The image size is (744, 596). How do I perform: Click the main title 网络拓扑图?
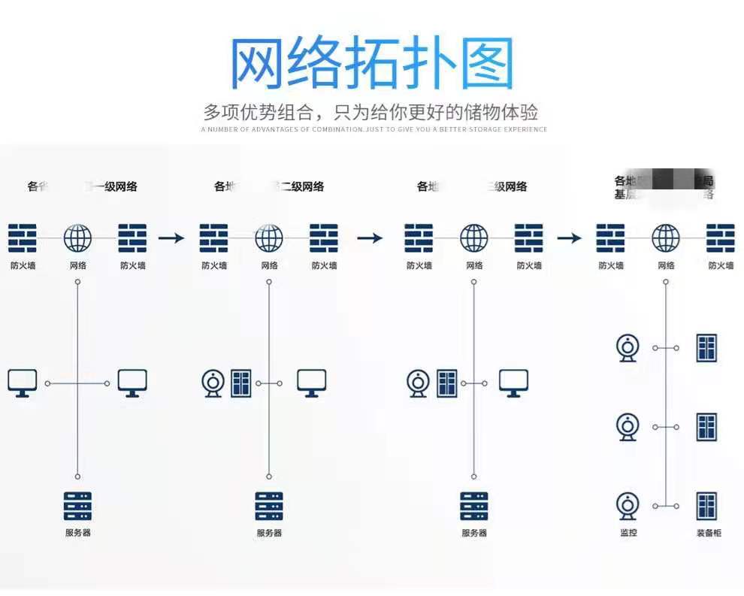pyautogui.click(x=371, y=63)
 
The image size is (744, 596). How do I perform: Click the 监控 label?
pyautogui.click(x=628, y=533)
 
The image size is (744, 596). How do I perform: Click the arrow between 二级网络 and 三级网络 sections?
pyautogui.click(x=369, y=238)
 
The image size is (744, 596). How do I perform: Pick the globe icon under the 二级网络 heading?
pyautogui.click(x=269, y=238)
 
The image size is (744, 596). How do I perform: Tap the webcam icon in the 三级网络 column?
pyautogui.click(x=417, y=383)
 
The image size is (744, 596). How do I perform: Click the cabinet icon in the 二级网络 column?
pyautogui.click(x=240, y=383)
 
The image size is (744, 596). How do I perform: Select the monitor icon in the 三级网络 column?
pyautogui.click(x=513, y=383)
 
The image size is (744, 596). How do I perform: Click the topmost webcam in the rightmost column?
pyautogui.click(x=628, y=348)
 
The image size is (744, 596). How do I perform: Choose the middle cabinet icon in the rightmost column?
pyautogui.click(x=706, y=426)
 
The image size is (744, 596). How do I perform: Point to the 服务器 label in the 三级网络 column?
pyautogui.click(x=474, y=533)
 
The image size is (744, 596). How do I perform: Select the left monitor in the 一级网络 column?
pyautogui.click(x=23, y=383)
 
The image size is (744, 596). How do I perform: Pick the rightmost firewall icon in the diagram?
pyautogui.click(x=721, y=238)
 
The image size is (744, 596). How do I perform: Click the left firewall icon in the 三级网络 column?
pyautogui.click(x=419, y=238)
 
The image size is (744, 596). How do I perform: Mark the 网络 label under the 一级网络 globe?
pyautogui.click(x=77, y=265)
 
